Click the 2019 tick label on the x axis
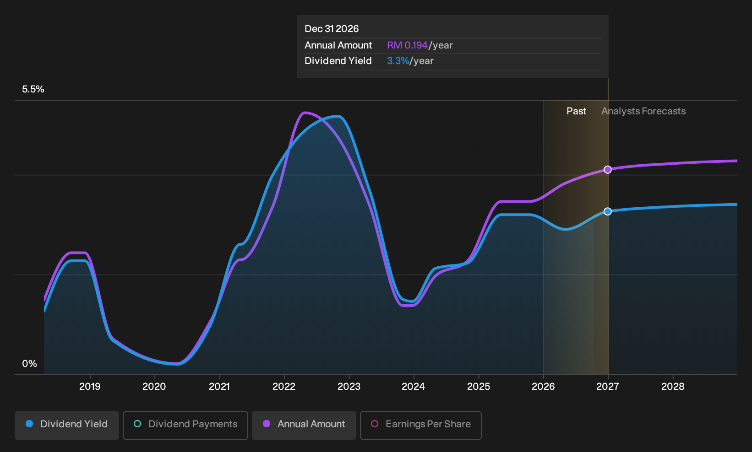point(90,387)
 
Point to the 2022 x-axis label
point(284,387)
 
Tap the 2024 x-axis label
point(413,387)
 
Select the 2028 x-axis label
point(673,387)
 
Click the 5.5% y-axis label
point(33,89)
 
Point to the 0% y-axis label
point(30,364)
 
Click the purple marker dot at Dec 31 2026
point(608,170)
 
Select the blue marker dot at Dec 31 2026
point(608,211)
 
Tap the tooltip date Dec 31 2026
point(332,29)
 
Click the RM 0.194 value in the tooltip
point(407,45)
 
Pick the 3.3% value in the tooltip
point(398,61)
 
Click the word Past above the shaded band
point(577,111)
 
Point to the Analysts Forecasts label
point(643,111)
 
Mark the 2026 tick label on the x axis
point(543,387)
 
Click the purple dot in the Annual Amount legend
point(267,424)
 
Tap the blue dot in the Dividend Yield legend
point(30,424)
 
